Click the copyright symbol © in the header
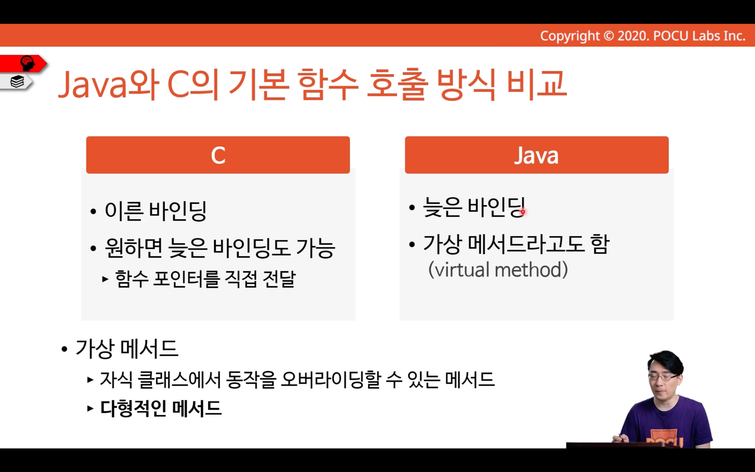pos(609,36)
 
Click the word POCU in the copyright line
pos(671,36)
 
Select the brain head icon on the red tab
pos(27,63)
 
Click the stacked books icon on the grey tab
pos(17,81)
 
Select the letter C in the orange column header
pos(218,155)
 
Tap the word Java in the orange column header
pos(536,155)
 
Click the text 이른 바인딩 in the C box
pos(156,211)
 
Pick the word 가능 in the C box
pos(316,248)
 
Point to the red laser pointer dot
pos(523,212)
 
